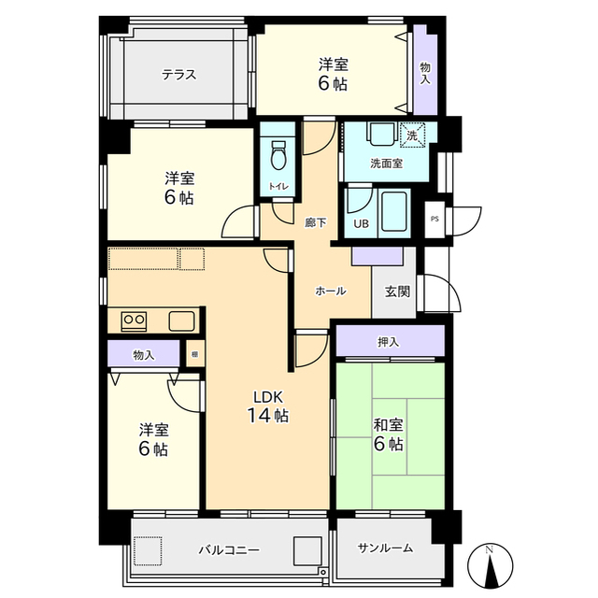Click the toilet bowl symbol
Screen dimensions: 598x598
coord(279,155)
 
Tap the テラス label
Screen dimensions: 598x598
coord(178,75)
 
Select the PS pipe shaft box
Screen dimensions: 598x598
coord(434,220)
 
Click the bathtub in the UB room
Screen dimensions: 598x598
coord(394,212)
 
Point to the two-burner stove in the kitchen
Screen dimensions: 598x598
coord(134,321)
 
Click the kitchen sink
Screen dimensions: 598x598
coord(182,321)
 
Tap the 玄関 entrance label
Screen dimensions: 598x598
coord(397,292)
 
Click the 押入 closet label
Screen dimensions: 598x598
coord(389,342)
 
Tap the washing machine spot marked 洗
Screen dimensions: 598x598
coord(412,135)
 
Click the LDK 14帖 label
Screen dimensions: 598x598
coord(268,406)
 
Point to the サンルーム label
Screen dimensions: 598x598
coord(385,548)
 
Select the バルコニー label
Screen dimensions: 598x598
coord(229,550)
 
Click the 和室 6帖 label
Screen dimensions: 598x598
coord(389,434)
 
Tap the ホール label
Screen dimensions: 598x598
coord(330,291)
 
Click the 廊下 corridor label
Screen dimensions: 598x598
coord(316,222)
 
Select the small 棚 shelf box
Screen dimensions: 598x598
coord(195,353)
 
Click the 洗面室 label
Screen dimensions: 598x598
coord(386,164)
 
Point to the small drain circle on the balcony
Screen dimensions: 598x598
coord(323,572)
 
